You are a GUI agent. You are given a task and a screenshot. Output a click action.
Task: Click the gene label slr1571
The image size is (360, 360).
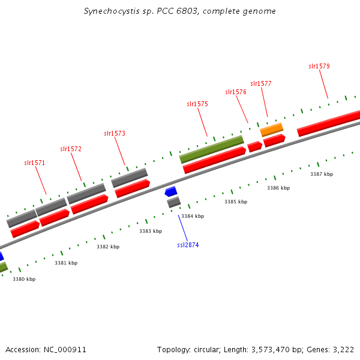(x=34, y=163)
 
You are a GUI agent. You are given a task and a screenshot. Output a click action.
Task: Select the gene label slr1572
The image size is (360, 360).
(x=71, y=149)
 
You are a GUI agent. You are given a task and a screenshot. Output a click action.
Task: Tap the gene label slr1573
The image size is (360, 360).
(x=114, y=133)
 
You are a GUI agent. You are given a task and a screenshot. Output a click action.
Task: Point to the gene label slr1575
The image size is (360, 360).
(x=197, y=104)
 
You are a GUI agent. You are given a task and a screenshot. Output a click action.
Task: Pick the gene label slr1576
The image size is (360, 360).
(x=236, y=92)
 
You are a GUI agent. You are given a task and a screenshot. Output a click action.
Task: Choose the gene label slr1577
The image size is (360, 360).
(x=261, y=83)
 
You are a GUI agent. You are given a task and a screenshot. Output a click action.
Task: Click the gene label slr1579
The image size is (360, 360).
(x=319, y=66)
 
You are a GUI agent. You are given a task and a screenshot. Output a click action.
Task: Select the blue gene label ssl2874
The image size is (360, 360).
(x=188, y=245)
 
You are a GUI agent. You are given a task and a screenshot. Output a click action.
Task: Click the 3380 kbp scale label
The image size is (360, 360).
(x=24, y=279)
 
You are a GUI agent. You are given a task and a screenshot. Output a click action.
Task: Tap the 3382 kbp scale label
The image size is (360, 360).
(x=108, y=247)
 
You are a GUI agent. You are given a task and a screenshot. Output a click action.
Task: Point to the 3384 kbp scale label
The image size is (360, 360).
(x=193, y=216)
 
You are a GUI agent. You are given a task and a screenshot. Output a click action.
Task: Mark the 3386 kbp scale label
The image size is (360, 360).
(x=278, y=188)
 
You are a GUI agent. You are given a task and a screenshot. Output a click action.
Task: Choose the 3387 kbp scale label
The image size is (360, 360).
(x=322, y=174)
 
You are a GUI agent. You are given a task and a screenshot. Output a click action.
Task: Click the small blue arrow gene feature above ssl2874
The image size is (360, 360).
(x=171, y=191)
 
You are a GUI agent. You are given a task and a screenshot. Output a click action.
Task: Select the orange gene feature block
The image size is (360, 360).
(x=271, y=129)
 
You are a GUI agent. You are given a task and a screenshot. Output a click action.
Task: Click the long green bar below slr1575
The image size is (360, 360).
(x=211, y=149)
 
